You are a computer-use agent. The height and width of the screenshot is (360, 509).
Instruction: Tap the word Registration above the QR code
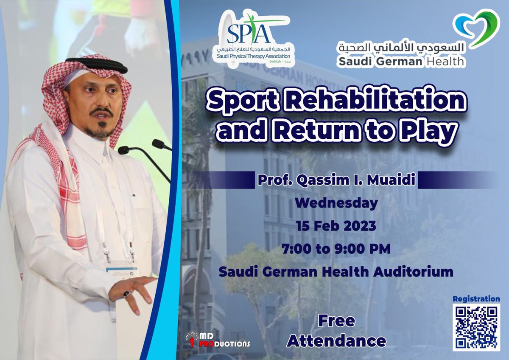(476, 298)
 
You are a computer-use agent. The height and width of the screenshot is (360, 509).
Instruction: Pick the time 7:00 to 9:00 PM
(336, 249)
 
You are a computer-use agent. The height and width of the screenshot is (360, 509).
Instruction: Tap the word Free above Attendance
(336, 321)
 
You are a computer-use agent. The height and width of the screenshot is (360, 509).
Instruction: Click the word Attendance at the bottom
(336, 341)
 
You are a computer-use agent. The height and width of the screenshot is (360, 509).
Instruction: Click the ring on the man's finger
(126, 294)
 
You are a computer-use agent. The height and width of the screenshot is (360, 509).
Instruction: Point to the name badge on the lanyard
(121, 272)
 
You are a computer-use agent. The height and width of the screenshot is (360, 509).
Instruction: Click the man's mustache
(101, 112)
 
